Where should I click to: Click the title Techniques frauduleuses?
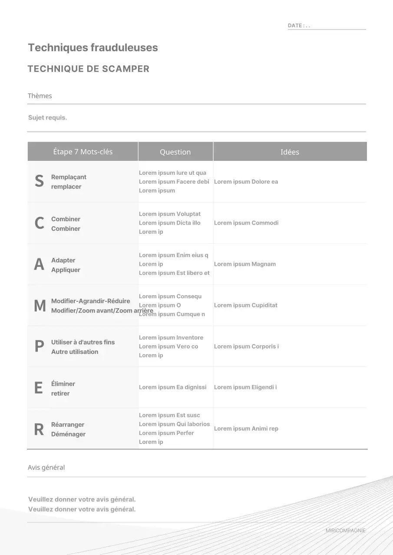pos(93,48)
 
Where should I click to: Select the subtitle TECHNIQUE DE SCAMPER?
pos(89,69)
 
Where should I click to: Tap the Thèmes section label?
pos(40,96)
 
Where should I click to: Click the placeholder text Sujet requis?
pos(47,118)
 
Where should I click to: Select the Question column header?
pos(175,152)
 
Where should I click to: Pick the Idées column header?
pos(290,152)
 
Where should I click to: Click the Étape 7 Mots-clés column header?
pos(83,152)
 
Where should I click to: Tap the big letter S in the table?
pos(39,181)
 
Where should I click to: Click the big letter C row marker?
pos(39,223)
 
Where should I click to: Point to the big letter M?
pos(40,306)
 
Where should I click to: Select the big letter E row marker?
pos(39,388)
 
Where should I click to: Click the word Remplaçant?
pos(69,177)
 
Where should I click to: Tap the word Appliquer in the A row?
pos(66,270)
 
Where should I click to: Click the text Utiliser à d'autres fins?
pos(83,342)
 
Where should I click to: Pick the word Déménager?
pos(68,434)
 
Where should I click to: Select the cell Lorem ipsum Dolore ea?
pos(246,182)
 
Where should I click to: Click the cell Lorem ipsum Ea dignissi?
pos(172,387)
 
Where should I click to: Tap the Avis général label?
pos(46,467)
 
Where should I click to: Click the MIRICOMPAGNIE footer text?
pos(345,531)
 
